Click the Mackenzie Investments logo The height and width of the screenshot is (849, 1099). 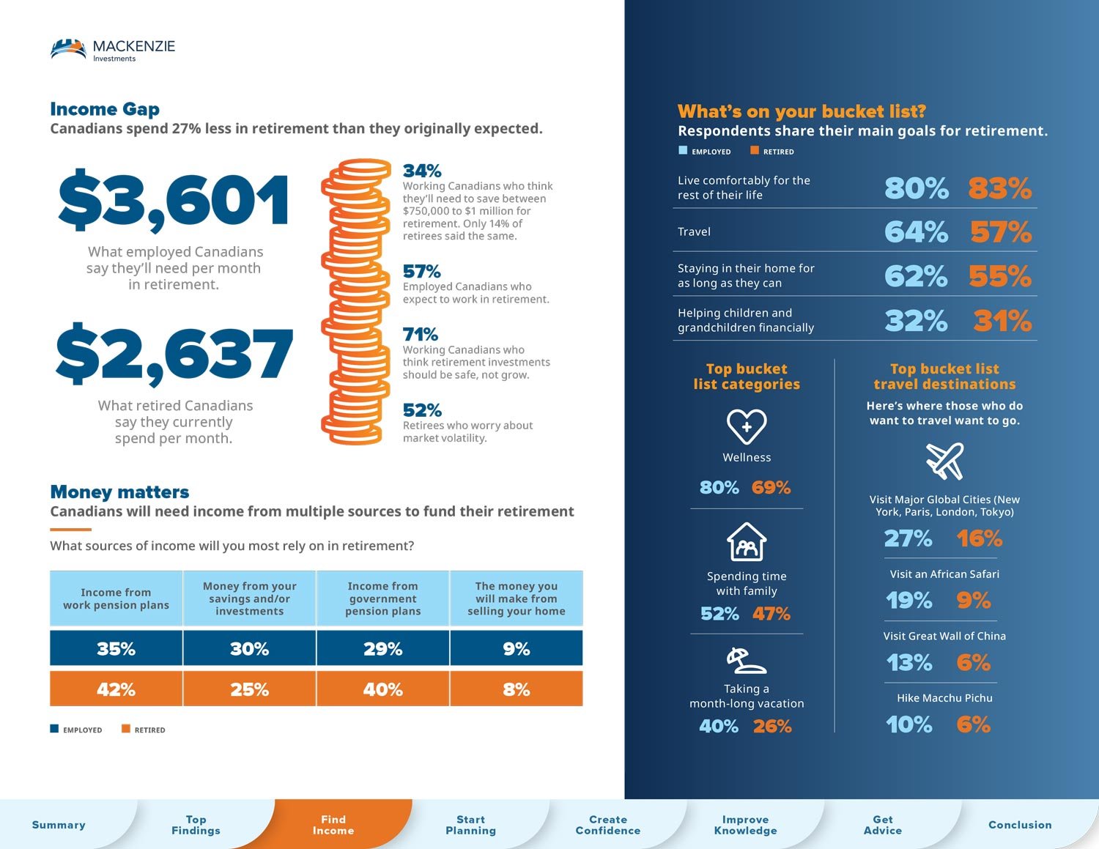[x=113, y=50]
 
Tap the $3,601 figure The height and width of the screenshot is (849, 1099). [x=174, y=200]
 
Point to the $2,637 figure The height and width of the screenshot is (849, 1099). [x=174, y=354]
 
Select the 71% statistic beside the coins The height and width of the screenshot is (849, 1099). [x=421, y=335]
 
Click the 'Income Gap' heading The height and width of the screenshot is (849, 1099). [x=105, y=109]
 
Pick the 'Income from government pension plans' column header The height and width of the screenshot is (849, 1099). [x=382, y=598]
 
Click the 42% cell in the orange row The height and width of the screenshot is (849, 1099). [x=116, y=689]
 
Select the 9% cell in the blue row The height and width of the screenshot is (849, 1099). [x=516, y=648]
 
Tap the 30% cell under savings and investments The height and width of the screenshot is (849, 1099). [x=249, y=648]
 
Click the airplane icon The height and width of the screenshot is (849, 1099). [x=944, y=461]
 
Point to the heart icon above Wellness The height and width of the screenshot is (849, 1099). [x=747, y=426]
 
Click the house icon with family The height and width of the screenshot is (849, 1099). [x=747, y=542]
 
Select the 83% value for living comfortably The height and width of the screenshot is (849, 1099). [x=999, y=188]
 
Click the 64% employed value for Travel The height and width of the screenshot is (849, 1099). [x=916, y=232]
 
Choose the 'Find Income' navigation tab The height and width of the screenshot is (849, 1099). [x=333, y=825]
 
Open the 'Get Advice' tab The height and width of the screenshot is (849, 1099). [x=882, y=825]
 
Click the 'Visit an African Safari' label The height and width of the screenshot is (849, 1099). [x=944, y=574]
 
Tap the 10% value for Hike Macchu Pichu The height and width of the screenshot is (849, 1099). [x=909, y=724]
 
